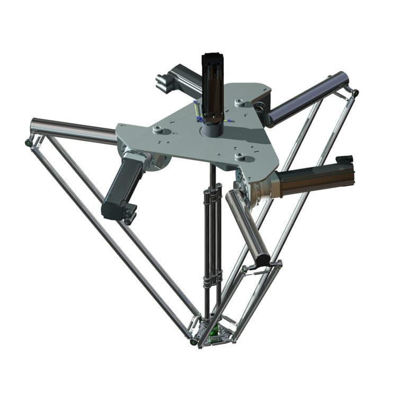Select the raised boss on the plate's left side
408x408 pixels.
click(158, 129)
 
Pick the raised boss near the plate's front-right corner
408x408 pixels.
click(242, 156)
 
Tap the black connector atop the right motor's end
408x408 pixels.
click(345, 159)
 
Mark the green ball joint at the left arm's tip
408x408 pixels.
click(28, 143)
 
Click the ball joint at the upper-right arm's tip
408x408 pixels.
click(354, 93)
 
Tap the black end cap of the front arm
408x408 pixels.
click(262, 260)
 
